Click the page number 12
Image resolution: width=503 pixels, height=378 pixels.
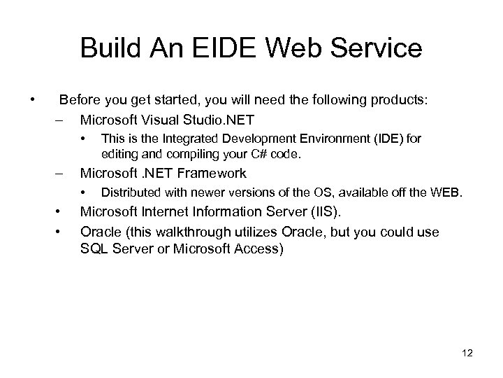tap(467, 353)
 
